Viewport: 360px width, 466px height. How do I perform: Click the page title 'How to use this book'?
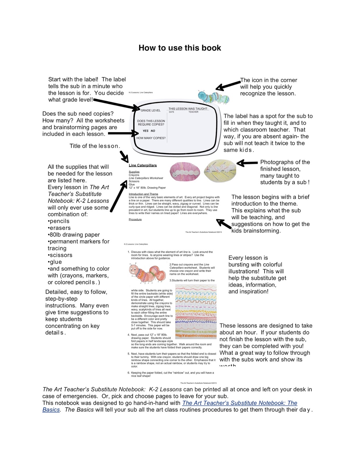180,48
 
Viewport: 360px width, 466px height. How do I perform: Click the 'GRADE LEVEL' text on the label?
150,110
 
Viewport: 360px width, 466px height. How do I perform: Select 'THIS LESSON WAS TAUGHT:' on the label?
188,109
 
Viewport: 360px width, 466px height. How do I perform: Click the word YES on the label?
146,131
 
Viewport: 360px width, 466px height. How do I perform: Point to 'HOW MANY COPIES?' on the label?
151,138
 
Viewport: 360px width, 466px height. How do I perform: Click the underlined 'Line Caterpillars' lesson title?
143,165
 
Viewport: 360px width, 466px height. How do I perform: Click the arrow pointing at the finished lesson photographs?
247,163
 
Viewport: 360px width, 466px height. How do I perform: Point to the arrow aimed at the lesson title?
124,156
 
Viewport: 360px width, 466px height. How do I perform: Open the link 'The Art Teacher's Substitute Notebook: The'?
240,403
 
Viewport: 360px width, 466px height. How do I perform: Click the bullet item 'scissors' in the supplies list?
60,255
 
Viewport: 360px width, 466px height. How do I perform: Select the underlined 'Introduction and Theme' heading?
143,194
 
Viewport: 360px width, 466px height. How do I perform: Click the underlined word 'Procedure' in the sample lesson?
135,220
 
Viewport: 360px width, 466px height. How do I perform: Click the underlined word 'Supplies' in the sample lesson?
134,172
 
